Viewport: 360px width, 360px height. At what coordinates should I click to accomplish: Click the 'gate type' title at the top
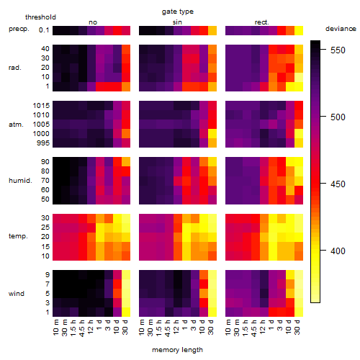tap(178, 12)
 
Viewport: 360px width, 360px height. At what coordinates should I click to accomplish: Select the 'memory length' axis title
tap(177, 350)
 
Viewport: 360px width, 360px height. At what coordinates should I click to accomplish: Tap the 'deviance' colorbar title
tap(341, 29)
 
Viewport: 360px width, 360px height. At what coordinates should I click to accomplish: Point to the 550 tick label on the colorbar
tap(338, 50)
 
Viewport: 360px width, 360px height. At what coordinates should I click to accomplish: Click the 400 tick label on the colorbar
tap(338, 251)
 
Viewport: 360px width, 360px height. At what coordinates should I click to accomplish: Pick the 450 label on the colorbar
tap(338, 184)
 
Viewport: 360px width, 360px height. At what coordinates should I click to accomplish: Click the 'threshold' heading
tap(40, 17)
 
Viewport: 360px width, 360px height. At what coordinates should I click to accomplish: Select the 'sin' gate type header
tap(177, 22)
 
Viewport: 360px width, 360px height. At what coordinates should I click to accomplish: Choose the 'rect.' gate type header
tap(261, 22)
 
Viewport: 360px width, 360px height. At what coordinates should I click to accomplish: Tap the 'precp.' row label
tap(19, 29)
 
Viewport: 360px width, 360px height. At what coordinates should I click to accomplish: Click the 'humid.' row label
tap(20, 180)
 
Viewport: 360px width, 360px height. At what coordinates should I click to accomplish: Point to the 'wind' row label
tap(17, 293)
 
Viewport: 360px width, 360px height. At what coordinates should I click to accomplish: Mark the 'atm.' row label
tap(16, 125)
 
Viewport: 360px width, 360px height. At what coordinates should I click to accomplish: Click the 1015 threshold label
tap(41, 105)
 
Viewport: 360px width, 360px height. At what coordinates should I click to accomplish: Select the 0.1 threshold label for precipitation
tap(44, 30)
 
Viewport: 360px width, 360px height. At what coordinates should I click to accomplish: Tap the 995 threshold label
tap(43, 143)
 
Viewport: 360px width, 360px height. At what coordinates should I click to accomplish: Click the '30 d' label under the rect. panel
tap(297, 327)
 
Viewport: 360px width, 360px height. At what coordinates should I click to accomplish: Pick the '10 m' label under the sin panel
tap(142, 327)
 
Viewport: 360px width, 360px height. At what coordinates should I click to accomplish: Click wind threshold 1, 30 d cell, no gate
tap(126, 312)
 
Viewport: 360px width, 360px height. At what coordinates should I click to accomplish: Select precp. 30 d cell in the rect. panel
tap(299, 30)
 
